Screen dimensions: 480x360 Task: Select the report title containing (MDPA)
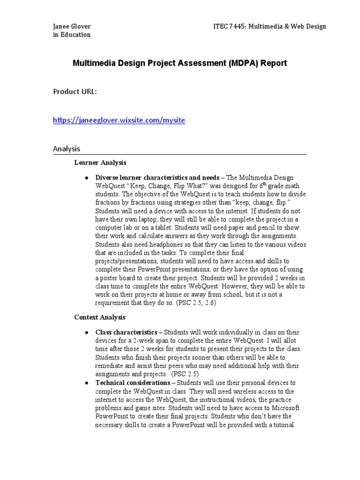coord(180,63)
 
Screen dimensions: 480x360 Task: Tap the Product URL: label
coord(75,92)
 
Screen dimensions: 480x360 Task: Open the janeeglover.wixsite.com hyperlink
coord(119,120)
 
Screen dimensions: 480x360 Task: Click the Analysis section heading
coord(67,149)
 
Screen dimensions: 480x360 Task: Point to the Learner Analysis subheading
coord(100,163)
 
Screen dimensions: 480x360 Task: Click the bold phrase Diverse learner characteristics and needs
coord(157,178)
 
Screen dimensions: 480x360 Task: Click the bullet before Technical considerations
coord(87,383)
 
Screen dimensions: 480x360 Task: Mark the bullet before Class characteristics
coord(87,333)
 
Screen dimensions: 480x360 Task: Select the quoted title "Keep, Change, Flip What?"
coord(161,186)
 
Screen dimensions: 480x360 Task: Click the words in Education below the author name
coord(72,35)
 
